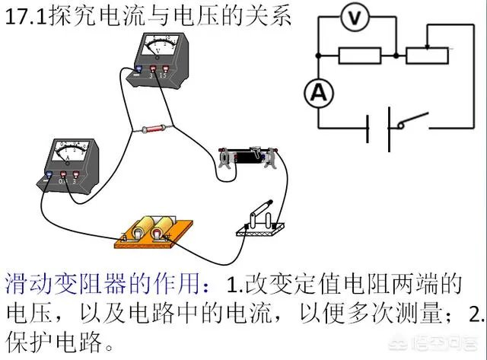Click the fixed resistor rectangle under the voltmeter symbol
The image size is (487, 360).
[358, 55]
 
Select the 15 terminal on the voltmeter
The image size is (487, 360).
[163, 74]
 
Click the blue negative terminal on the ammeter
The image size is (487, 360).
[50, 177]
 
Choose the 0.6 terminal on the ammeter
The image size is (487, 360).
[64, 178]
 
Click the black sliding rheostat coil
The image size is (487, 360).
[248, 158]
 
